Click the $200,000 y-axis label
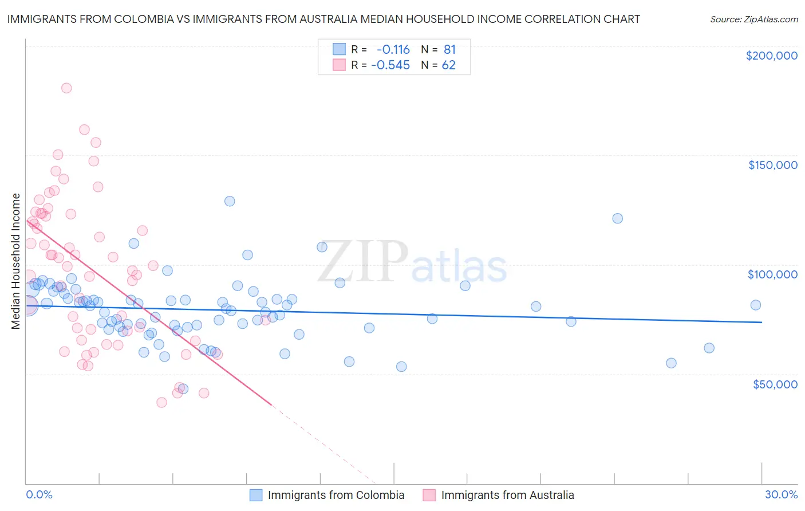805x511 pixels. pos(771,56)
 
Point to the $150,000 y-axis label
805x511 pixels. pos(772,165)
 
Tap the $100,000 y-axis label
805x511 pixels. pos(772,274)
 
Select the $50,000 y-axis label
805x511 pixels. pos(775,384)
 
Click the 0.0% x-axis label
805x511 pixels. pos(39,494)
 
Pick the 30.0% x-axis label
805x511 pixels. pos(781,494)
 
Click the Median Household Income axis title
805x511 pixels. pos(15,261)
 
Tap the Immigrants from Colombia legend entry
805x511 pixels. pos(336,495)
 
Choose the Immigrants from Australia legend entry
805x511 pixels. pos(507,495)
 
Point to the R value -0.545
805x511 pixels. pos(390,65)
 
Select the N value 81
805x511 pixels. pos(449,50)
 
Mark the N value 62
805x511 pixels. pos(448,65)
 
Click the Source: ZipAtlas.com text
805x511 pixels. pos(753,19)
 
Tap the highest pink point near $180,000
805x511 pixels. pos(66,88)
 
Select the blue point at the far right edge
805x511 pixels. pos(756,305)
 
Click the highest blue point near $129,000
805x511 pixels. pos(230,201)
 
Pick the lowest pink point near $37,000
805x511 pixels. pos(161,403)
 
